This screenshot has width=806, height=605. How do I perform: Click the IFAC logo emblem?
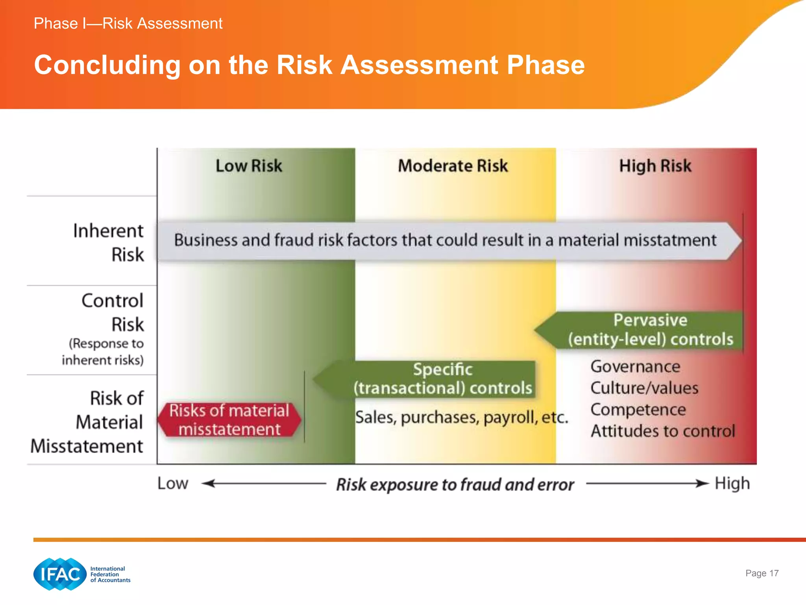(60, 574)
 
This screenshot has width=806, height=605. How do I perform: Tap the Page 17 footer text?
(762, 573)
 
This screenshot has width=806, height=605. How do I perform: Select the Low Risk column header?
(249, 166)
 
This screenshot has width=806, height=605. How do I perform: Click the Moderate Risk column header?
(453, 166)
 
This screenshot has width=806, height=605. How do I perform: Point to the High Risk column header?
(655, 166)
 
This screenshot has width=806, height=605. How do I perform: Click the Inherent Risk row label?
(109, 242)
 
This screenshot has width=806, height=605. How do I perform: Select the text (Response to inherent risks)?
(103, 352)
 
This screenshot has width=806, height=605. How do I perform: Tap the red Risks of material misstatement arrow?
(229, 420)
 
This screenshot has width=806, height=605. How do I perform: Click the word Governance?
(635, 367)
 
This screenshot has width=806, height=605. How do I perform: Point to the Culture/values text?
(644, 388)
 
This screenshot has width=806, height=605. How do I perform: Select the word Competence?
(638, 410)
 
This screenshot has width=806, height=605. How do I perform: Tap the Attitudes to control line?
(663, 431)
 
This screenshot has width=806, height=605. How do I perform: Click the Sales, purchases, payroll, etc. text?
(461, 418)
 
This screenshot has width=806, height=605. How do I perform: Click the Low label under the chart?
(173, 483)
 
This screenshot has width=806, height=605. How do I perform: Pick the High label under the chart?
(732, 483)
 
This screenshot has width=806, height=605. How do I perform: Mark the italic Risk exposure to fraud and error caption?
(455, 484)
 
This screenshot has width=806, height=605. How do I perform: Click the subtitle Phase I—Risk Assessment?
(128, 24)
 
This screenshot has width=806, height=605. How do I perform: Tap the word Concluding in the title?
(107, 65)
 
